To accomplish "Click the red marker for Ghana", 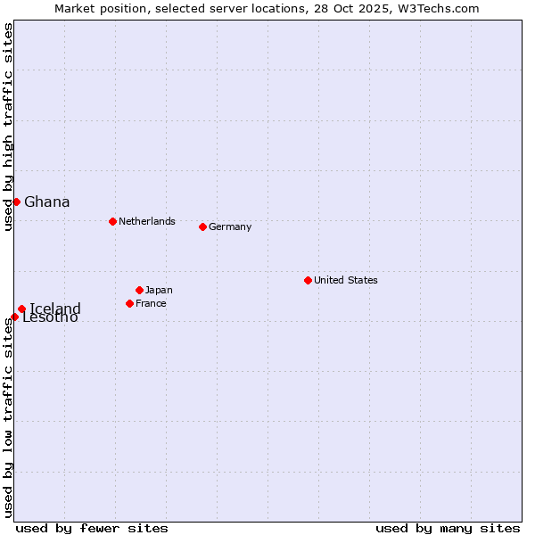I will (16, 202).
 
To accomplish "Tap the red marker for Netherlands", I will (112, 221).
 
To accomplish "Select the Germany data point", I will (202, 226).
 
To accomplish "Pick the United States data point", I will (308, 280).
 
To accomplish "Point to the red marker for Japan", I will (139, 290).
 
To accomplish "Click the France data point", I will (129, 303).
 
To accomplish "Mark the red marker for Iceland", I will (21, 309).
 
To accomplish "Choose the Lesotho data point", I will (14, 317).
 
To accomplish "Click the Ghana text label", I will (47, 202).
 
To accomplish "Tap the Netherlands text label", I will (147, 221).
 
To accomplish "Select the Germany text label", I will (230, 226).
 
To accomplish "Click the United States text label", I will (346, 280).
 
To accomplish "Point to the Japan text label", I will (159, 290).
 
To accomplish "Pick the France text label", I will (152, 303).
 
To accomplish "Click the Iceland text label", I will (55, 309).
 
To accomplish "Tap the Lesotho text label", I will (51, 318).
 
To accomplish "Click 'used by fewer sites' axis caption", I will (92, 528).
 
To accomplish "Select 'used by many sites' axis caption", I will (448, 528).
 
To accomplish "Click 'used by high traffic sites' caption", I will (8, 128).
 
